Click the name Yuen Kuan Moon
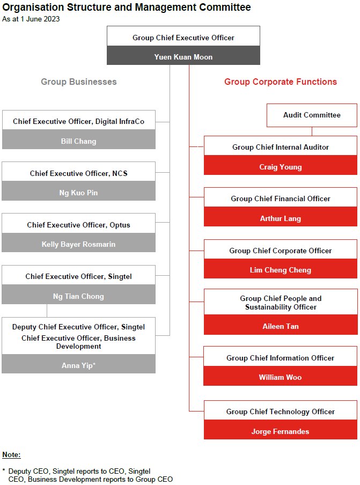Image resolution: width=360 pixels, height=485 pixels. click(x=183, y=57)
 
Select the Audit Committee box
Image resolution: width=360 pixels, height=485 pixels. click(x=312, y=115)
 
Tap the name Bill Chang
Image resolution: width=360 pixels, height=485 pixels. click(x=78, y=141)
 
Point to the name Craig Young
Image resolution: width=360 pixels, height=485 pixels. click(x=281, y=167)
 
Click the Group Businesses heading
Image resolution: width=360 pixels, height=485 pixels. click(x=79, y=82)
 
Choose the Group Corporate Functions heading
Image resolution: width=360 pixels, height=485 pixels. click(x=281, y=82)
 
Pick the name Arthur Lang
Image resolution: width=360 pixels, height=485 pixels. click(x=281, y=219)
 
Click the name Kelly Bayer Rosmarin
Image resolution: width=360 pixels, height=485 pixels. click(x=78, y=244)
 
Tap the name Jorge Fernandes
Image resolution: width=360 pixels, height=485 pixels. click(x=280, y=431)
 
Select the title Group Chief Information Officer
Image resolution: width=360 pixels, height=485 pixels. click(x=280, y=358)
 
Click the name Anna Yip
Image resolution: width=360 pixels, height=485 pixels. click(x=78, y=365)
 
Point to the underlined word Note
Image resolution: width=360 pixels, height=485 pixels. click(x=11, y=455)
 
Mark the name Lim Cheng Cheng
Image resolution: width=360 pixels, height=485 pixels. click(x=281, y=270)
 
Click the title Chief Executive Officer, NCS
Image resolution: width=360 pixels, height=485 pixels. click(x=78, y=173)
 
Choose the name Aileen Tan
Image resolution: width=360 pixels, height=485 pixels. click(x=281, y=326)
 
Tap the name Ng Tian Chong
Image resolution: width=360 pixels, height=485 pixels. click(x=78, y=296)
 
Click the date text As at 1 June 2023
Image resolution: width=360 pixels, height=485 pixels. click(x=31, y=19)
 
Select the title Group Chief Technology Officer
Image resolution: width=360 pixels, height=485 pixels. click(x=281, y=411)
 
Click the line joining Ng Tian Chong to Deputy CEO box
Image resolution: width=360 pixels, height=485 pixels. click(x=47, y=311)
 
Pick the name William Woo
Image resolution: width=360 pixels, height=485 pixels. click(x=280, y=377)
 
